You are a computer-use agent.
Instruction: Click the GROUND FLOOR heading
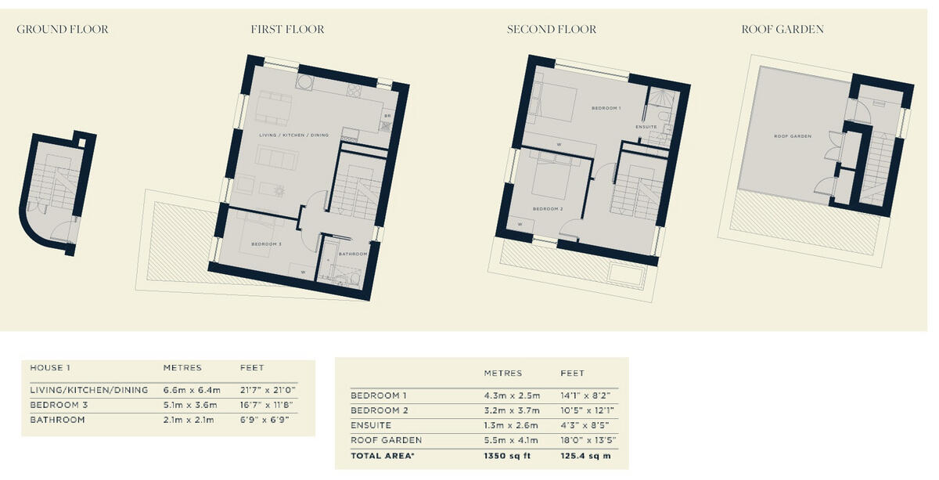[x=63, y=30]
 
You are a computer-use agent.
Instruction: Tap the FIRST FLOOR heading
[x=287, y=30]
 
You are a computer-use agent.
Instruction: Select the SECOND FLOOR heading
[x=551, y=30]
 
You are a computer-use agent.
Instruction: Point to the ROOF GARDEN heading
[x=782, y=30]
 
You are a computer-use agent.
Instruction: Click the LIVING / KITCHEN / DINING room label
[x=294, y=135]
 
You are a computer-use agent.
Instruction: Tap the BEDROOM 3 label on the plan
[x=266, y=244]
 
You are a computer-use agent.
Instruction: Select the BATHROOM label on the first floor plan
[x=353, y=254]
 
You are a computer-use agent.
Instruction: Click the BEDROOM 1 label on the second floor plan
[x=606, y=107]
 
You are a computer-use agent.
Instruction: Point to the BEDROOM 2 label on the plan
[x=548, y=209]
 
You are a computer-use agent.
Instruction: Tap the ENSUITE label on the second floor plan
[x=646, y=126]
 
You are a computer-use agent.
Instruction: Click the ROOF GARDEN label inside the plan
[x=792, y=136]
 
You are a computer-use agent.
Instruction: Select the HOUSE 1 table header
[x=50, y=368]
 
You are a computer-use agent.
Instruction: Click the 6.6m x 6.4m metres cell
[x=192, y=390]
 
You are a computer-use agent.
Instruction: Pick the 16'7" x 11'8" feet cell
[x=268, y=405]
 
